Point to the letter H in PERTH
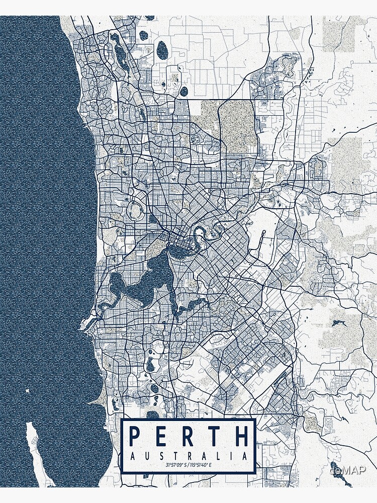pyautogui.click(x=240, y=436)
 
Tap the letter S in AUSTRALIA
pyautogui.click(x=161, y=456)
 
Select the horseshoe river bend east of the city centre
pyautogui.click(x=199, y=232)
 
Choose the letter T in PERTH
pyautogui.click(x=215, y=436)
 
